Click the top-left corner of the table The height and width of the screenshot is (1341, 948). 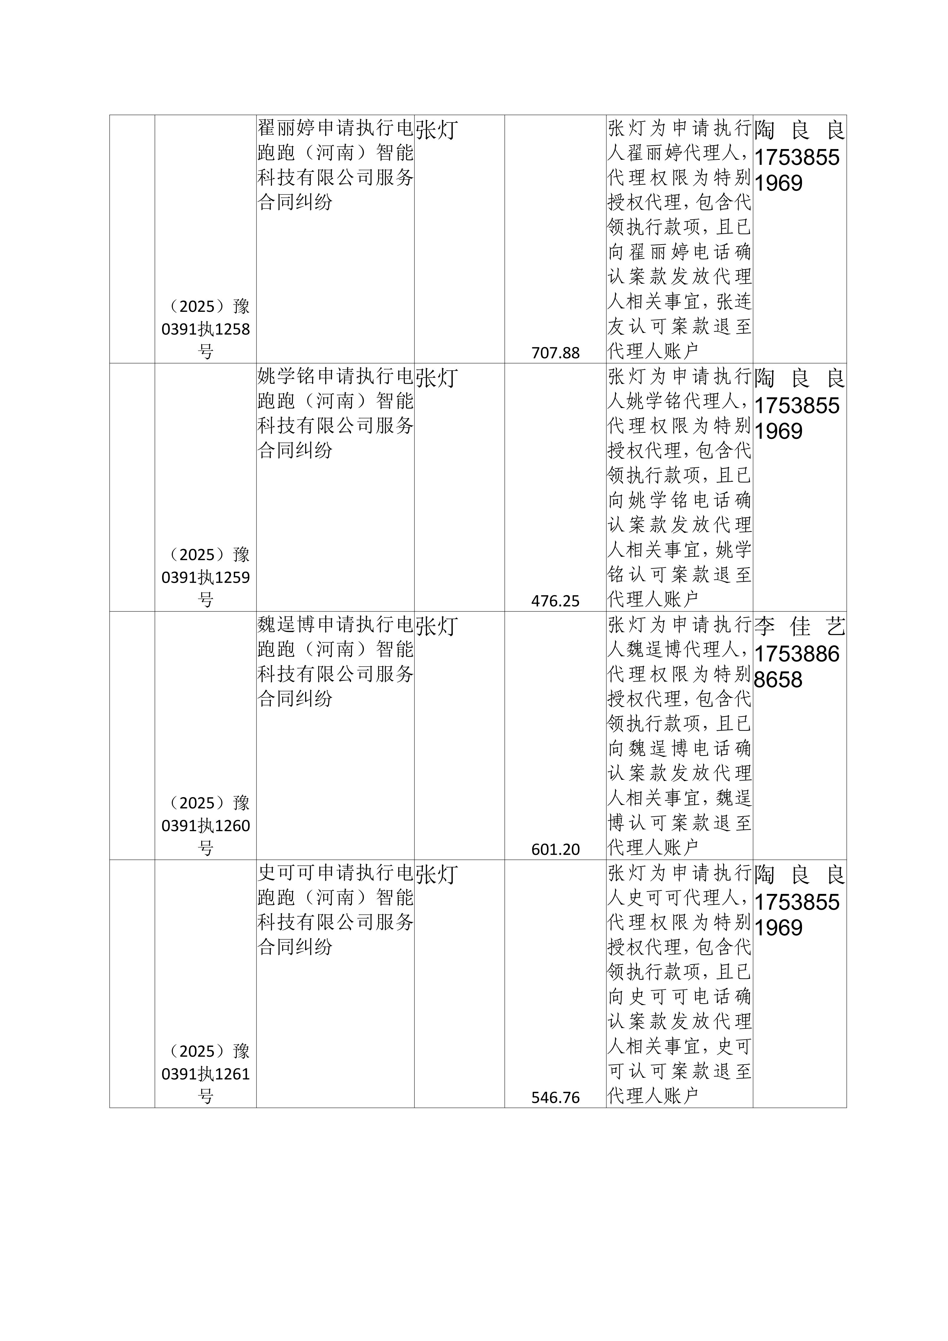(110, 115)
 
